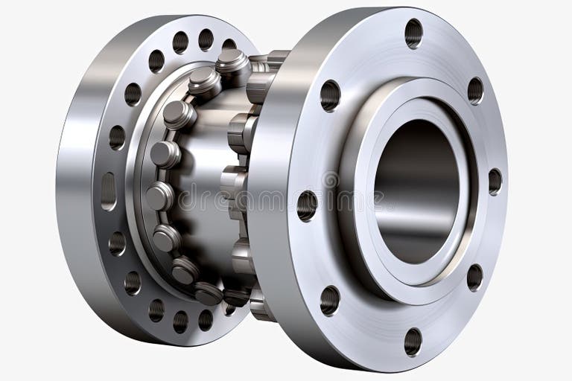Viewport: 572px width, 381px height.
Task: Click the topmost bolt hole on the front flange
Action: click(x=413, y=33)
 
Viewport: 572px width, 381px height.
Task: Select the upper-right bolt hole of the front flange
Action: click(x=475, y=90)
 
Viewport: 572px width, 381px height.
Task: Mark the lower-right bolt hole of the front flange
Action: click(x=474, y=277)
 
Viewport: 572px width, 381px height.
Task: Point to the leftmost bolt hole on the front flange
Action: click(x=307, y=205)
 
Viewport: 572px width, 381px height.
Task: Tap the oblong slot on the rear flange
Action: click(x=109, y=190)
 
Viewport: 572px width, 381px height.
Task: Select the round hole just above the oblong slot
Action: click(x=117, y=138)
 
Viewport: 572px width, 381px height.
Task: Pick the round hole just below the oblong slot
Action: click(x=117, y=243)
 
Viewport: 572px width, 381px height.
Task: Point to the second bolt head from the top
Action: click(x=203, y=81)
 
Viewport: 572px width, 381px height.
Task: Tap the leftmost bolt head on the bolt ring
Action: click(x=159, y=196)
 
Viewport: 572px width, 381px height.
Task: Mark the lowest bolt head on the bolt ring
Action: click(x=209, y=292)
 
